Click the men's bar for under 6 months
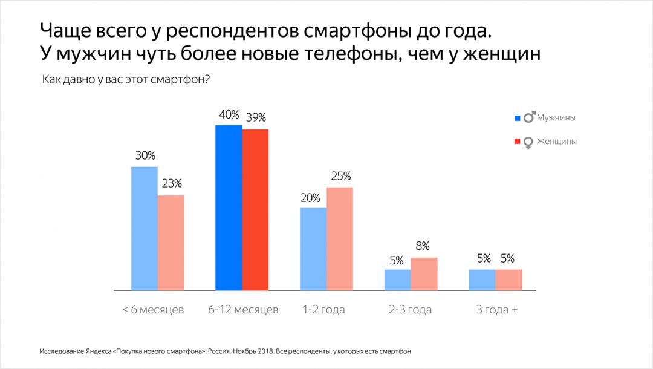(x=145, y=228)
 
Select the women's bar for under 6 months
(x=171, y=243)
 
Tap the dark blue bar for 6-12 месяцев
(x=229, y=207)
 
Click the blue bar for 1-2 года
(x=313, y=249)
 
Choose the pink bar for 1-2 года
(x=340, y=238)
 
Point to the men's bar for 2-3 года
(x=398, y=279)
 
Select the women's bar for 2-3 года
(x=424, y=273)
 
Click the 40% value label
(x=229, y=115)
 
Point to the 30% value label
(x=145, y=155)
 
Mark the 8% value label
(x=423, y=246)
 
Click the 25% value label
(x=340, y=177)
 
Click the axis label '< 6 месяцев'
(x=153, y=310)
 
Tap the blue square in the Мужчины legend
(x=517, y=118)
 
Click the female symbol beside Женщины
(x=528, y=142)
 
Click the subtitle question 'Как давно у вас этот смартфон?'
(x=126, y=80)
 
